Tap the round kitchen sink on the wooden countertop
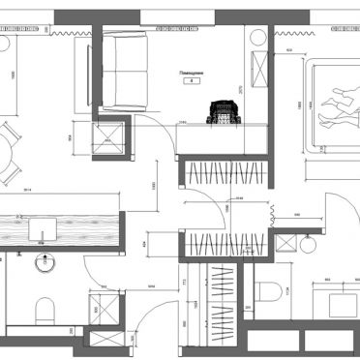coord(45,229)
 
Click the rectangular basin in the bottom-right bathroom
coord(335,302)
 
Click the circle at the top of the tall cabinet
coord(260,37)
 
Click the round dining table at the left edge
coord(5,154)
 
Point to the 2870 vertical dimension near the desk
coord(242,98)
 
